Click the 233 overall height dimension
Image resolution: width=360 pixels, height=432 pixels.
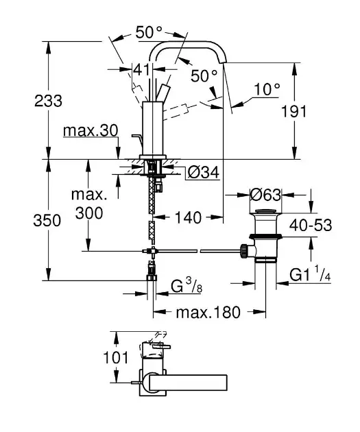click(48, 101)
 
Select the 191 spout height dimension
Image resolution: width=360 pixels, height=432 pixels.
click(293, 112)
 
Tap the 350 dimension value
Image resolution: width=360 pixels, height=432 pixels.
click(47, 221)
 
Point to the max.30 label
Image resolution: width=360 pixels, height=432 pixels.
click(91, 130)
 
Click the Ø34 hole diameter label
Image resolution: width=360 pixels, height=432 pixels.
click(204, 173)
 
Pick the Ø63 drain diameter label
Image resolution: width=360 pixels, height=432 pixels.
click(265, 195)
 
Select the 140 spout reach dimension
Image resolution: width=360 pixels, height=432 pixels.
click(189, 217)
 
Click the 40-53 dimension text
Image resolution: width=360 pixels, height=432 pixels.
click(311, 226)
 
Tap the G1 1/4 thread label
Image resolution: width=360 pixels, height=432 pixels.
click(310, 274)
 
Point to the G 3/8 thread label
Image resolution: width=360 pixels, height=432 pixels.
click(187, 285)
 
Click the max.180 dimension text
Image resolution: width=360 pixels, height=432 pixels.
click(208, 313)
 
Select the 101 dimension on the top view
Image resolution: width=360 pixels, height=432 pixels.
click(116, 358)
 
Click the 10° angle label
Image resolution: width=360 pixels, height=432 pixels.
click(267, 90)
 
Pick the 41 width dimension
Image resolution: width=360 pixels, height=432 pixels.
click(141, 69)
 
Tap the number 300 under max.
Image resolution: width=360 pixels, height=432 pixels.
click(89, 213)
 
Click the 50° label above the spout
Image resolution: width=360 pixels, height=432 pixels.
click(149, 32)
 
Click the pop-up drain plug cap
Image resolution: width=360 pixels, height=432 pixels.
click(265, 212)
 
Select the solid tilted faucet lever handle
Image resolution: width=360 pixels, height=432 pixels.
click(163, 93)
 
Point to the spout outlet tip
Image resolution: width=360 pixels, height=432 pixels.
click(223, 62)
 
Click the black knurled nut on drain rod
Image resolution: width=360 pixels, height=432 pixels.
click(243, 251)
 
